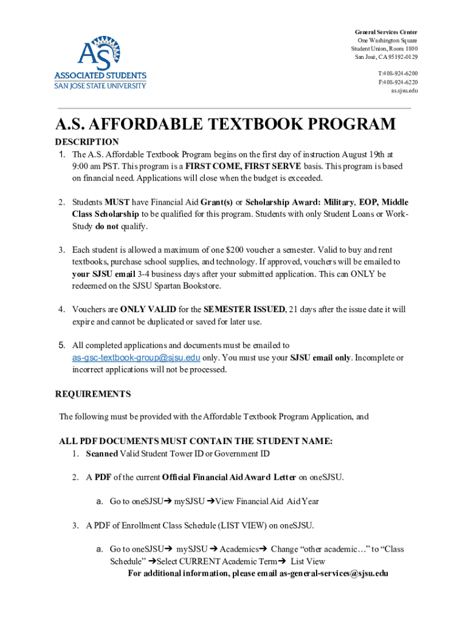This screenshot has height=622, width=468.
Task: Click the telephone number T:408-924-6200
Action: click(397, 73)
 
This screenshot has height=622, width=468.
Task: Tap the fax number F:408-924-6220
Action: click(397, 82)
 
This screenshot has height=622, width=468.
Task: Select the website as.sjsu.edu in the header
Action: click(404, 91)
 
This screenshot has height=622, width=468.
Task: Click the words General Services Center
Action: click(387, 32)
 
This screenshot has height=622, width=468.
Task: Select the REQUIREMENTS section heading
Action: click(93, 394)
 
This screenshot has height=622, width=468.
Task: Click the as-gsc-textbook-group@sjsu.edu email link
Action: click(136, 358)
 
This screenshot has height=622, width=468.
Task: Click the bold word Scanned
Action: click(102, 453)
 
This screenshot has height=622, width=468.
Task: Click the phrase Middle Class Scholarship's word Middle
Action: click(395, 202)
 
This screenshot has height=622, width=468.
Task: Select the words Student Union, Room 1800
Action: click(384, 49)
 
